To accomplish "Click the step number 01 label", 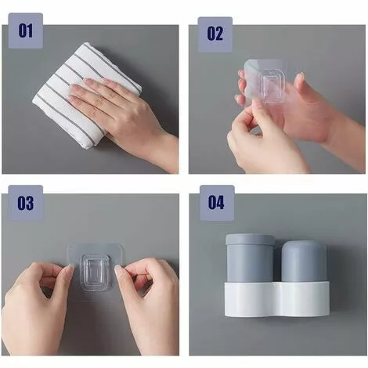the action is click(26, 31).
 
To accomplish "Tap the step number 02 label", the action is click(215, 34).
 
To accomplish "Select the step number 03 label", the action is click(26, 203).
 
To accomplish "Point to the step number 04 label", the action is click(217, 203).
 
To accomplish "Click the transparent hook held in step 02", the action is click(265, 83).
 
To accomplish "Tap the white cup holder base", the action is click(276, 299).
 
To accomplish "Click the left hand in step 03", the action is click(37, 308).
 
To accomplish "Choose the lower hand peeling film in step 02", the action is click(261, 141).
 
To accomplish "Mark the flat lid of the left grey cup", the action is click(250, 240).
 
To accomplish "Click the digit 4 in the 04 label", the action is click(221, 203).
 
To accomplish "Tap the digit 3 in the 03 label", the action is click(30, 204).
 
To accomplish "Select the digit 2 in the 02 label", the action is click(219, 34).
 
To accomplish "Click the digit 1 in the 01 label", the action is click(30, 31).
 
